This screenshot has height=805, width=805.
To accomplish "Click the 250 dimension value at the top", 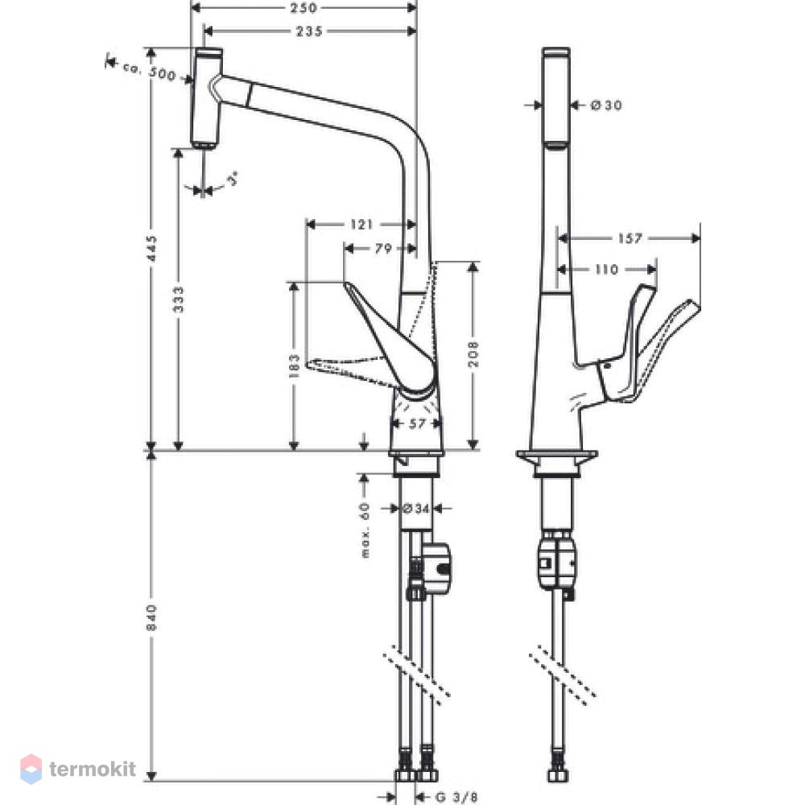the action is pos(303,8).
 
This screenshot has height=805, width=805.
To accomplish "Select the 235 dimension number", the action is pos(310,31).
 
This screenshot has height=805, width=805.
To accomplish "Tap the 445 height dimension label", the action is pos(151,249).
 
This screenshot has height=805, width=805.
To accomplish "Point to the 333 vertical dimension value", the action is pos(178,299).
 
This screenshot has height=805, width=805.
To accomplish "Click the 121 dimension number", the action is pos(361,225).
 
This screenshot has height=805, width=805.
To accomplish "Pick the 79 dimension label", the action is pos(383,249).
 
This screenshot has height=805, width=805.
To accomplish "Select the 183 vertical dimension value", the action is pos(294,365).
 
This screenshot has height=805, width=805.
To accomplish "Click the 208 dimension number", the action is pos(473,353).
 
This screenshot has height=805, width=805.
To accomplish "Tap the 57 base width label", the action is pos(417,423).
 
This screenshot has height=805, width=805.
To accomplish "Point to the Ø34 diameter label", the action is pos(416,509).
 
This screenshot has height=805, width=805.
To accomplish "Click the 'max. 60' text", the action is pos(365,530).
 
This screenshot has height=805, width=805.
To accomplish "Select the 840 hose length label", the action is pos(151,618).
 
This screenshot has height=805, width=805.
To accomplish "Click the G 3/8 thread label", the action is pos(456,797).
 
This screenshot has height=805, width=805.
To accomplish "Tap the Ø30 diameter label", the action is pos(606,105).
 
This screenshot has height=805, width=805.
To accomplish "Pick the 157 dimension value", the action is pos(630,238).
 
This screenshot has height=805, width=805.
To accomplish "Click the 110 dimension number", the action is pos(606,269).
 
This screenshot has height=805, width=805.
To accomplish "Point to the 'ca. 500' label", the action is pos(150,71).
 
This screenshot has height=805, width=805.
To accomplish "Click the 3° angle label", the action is pos(233,180).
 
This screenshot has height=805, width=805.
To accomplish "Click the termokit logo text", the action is pos(93,769).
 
